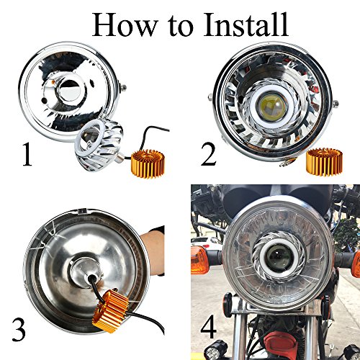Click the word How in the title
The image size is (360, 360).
(125, 24)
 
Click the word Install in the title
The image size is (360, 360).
(246, 24)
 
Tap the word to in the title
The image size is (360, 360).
(181, 27)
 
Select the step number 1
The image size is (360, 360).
(27, 153)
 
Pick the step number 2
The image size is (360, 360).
(208, 153)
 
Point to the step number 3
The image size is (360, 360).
(19, 329)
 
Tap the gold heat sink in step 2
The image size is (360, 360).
(324, 162)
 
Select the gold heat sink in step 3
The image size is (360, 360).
(111, 310)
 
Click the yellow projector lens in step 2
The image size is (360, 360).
(272, 106)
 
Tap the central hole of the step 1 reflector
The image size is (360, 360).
(71, 91)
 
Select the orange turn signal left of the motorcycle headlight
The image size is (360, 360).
(199, 260)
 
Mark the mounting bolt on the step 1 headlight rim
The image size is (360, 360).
(123, 88)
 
